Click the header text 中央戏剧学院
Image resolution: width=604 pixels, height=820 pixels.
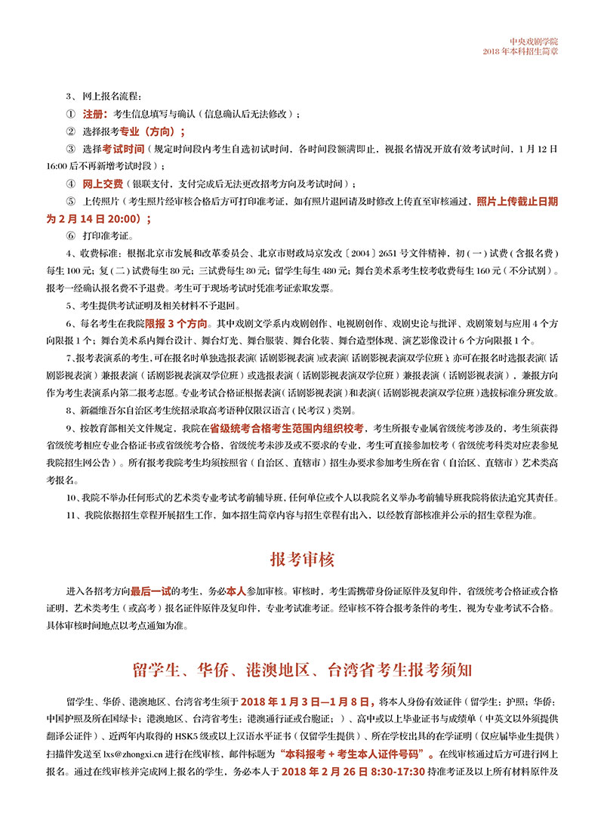533,42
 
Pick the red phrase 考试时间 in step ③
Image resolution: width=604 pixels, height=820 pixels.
123,149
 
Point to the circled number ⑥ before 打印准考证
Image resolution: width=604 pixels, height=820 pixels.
71,236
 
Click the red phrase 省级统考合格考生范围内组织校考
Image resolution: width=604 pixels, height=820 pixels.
288,427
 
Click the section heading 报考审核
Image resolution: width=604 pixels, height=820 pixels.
302,560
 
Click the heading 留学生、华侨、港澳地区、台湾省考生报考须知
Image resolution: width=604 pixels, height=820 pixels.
302,669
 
